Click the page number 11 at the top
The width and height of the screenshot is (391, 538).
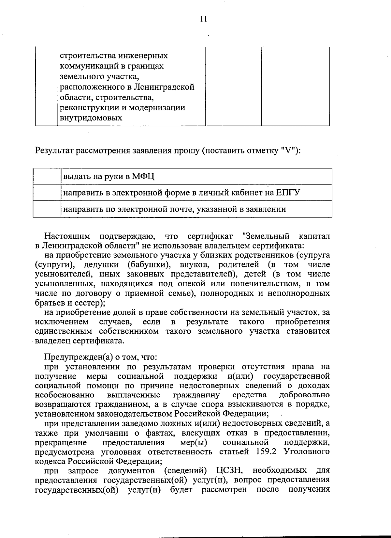tap(203, 19)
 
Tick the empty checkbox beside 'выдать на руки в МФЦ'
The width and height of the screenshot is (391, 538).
tap(47, 177)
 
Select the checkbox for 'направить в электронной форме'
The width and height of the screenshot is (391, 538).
tap(47, 193)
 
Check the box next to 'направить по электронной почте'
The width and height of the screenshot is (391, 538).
tap(47, 209)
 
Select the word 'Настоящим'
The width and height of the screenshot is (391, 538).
tap(67, 236)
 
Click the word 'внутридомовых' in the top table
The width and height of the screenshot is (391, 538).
tap(91, 118)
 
